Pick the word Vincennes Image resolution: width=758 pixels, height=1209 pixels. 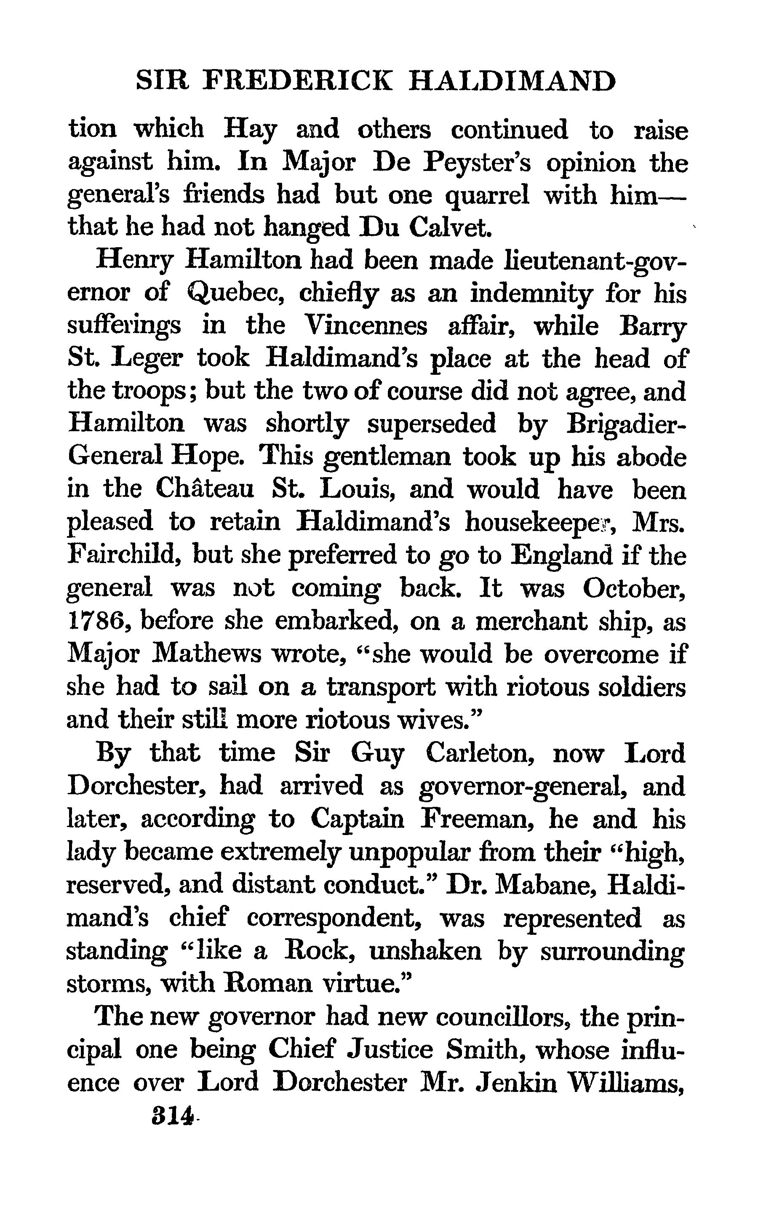[365, 326]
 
